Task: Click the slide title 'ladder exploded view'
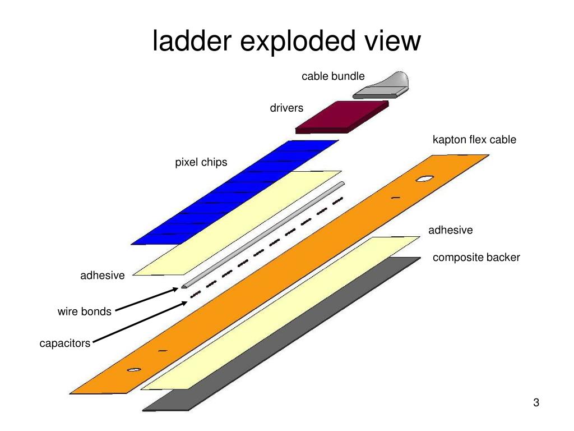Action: point(286,42)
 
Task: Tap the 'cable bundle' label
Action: point(333,76)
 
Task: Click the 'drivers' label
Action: point(286,108)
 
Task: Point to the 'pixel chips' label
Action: point(201,162)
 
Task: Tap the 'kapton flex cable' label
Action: point(474,140)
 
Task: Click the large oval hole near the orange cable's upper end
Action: point(424,180)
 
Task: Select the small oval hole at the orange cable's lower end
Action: point(133,369)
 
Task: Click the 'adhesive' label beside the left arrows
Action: point(103,276)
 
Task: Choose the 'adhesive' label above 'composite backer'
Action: point(451,230)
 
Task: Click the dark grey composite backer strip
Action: point(280,337)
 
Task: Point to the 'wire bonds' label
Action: point(85,311)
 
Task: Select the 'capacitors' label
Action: point(64,343)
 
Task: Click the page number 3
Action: point(536,403)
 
